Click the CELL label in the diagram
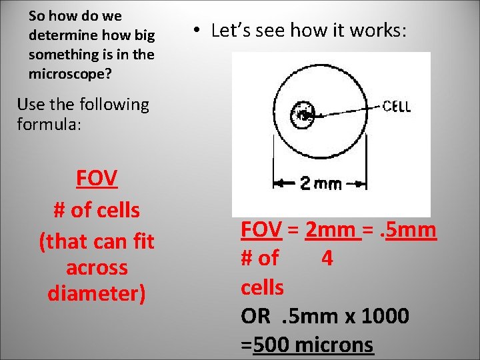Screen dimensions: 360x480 [397, 106]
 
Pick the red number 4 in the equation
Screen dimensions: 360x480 [327, 259]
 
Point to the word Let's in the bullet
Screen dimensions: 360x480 [230, 31]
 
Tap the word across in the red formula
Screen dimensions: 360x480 [97, 267]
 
